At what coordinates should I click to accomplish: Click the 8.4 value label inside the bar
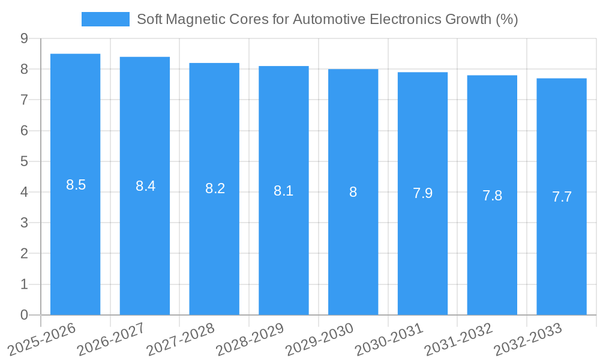pyautogui.click(x=145, y=186)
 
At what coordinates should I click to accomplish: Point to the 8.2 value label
pyautogui.click(x=215, y=188)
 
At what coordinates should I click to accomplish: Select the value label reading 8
pyautogui.click(x=353, y=192)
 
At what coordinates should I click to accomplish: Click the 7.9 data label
pyautogui.click(x=422, y=193)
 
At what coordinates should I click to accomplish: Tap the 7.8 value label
pyautogui.click(x=492, y=196)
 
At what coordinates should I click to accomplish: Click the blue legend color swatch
pyautogui.click(x=106, y=19)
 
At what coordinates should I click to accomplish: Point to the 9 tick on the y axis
pyautogui.click(x=24, y=38)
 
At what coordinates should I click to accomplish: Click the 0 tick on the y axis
pyautogui.click(x=24, y=315)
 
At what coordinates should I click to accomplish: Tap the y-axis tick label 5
pyautogui.click(x=24, y=161)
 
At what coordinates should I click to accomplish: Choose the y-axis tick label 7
pyautogui.click(x=24, y=100)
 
